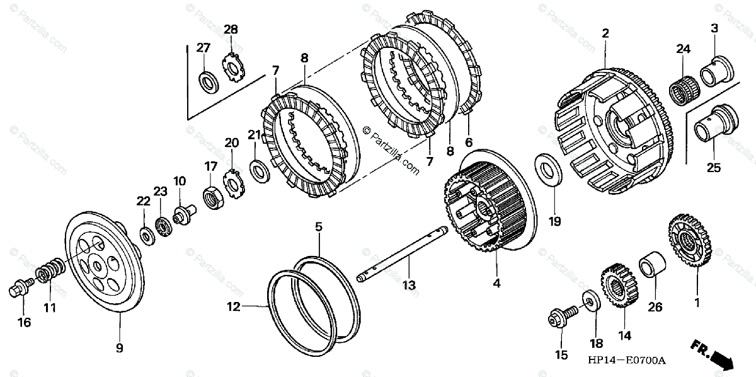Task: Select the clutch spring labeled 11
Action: [x=50, y=272]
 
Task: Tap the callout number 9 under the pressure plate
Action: [x=119, y=347]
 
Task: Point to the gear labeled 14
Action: [x=617, y=287]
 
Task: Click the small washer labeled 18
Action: [x=592, y=300]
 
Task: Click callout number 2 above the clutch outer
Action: [x=605, y=34]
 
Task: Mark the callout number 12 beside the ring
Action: [x=234, y=307]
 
